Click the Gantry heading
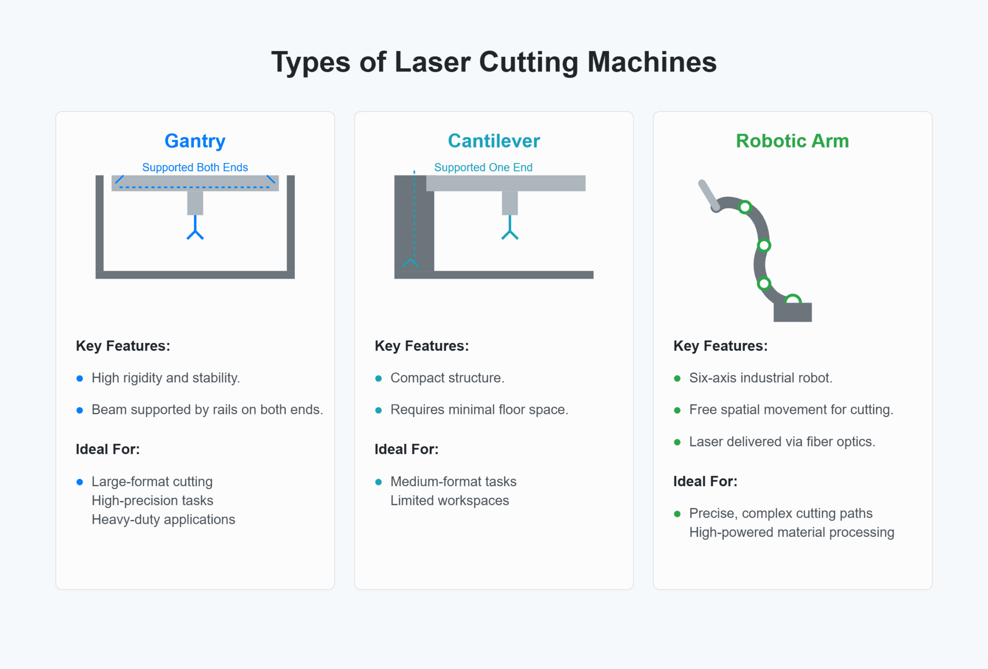(x=195, y=141)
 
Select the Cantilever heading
(x=494, y=141)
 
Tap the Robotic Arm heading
(x=792, y=141)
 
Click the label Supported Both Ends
(x=195, y=167)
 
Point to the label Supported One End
(x=483, y=167)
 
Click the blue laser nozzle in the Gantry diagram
(x=195, y=229)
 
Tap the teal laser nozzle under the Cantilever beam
(x=509, y=229)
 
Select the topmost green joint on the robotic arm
(x=745, y=207)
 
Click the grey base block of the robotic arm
(x=793, y=313)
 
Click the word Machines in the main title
(x=652, y=62)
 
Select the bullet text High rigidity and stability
(x=165, y=378)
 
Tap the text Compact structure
(x=447, y=378)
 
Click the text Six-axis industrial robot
(x=760, y=378)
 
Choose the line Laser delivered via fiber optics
(x=782, y=442)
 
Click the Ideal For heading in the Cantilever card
(x=406, y=450)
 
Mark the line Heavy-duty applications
(x=163, y=519)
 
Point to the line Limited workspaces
(x=449, y=501)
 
